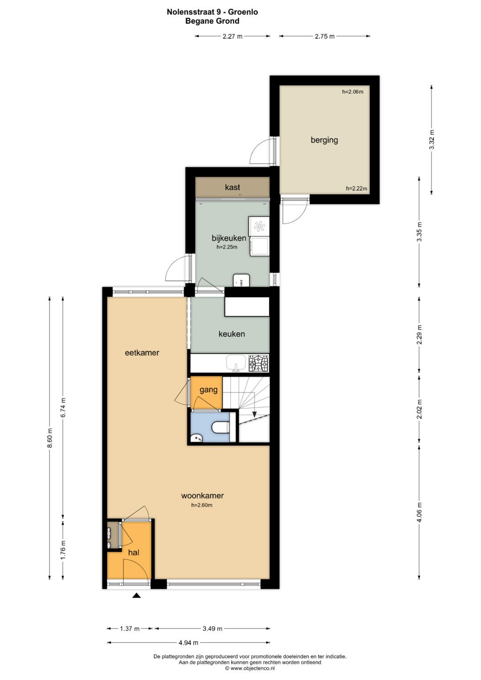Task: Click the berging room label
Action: click(324, 140)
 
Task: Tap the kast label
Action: click(232, 187)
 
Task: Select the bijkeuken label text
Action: click(229, 238)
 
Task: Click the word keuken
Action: click(232, 334)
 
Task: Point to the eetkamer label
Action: click(142, 353)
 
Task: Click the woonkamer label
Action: click(202, 496)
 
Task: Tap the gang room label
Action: click(208, 390)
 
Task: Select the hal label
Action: click(134, 553)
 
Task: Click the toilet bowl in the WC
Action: click(220, 428)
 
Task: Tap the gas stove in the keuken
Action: click(258, 363)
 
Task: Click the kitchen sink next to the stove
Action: click(236, 362)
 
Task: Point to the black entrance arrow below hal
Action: click(136, 595)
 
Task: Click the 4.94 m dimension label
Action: click(188, 643)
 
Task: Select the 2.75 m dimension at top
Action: click(325, 37)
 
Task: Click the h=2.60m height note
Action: click(202, 505)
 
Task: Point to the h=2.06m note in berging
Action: click(352, 92)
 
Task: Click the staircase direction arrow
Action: click(254, 414)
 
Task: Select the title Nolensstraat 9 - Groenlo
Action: click(212, 12)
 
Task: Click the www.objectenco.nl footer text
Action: click(250, 668)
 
